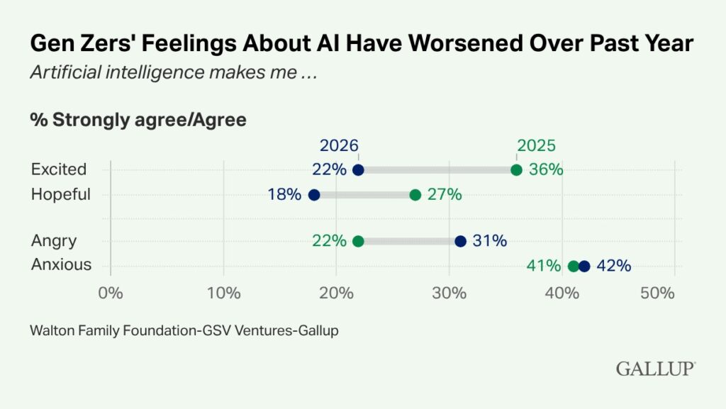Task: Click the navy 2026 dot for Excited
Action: [x=358, y=170]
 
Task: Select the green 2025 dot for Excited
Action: [x=516, y=170]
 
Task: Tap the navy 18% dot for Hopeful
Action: [x=314, y=195]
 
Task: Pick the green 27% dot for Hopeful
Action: [x=415, y=195]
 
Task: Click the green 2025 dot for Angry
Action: [x=358, y=242]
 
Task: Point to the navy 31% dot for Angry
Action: [x=460, y=242]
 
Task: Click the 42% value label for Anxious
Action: [x=613, y=267]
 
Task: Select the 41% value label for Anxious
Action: [x=543, y=267]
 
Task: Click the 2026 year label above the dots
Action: [x=339, y=145]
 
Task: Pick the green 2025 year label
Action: [x=536, y=145]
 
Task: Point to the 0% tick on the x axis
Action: [x=111, y=293]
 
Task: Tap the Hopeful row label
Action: [x=61, y=194]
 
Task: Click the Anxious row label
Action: [x=62, y=265]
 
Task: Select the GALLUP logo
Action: [x=655, y=369]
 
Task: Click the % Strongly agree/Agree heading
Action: [x=138, y=120]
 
